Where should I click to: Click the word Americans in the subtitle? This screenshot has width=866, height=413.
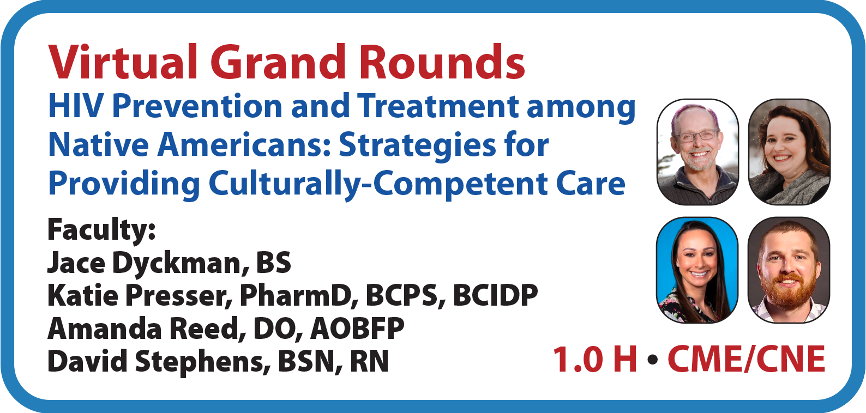(244, 144)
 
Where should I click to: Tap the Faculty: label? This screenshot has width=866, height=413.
(101, 230)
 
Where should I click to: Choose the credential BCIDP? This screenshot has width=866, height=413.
(495, 295)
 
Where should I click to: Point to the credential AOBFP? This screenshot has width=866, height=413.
(357, 329)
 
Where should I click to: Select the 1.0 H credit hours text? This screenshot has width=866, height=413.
(595, 359)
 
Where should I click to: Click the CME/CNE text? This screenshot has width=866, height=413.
(747, 359)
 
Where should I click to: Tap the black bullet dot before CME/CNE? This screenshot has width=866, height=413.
(652, 360)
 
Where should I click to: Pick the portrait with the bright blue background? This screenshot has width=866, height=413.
(697, 270)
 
